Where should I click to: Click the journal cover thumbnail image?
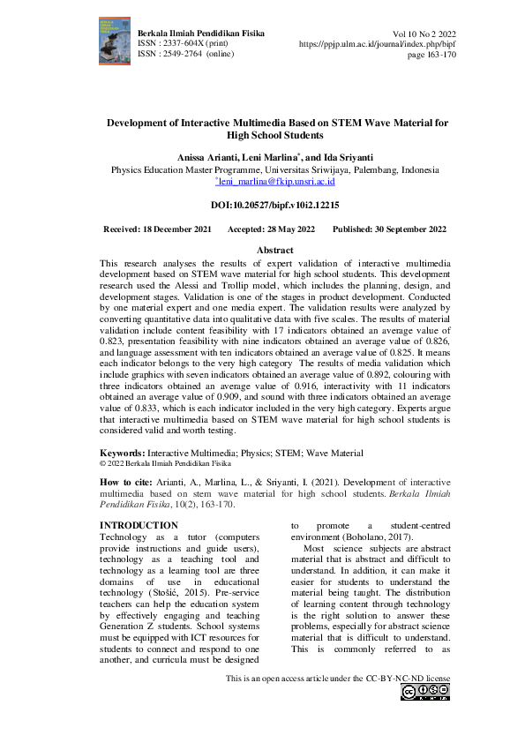[x=114, y=41]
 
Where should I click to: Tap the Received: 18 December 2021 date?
[x=157, y=229]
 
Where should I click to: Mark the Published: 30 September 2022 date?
[x=389, y=229]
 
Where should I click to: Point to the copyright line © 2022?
[x=165, y=462]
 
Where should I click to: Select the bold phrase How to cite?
[x=128, y=483]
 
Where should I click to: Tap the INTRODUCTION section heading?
[x=139, y=525]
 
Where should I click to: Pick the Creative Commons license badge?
[x=425, y=693]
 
